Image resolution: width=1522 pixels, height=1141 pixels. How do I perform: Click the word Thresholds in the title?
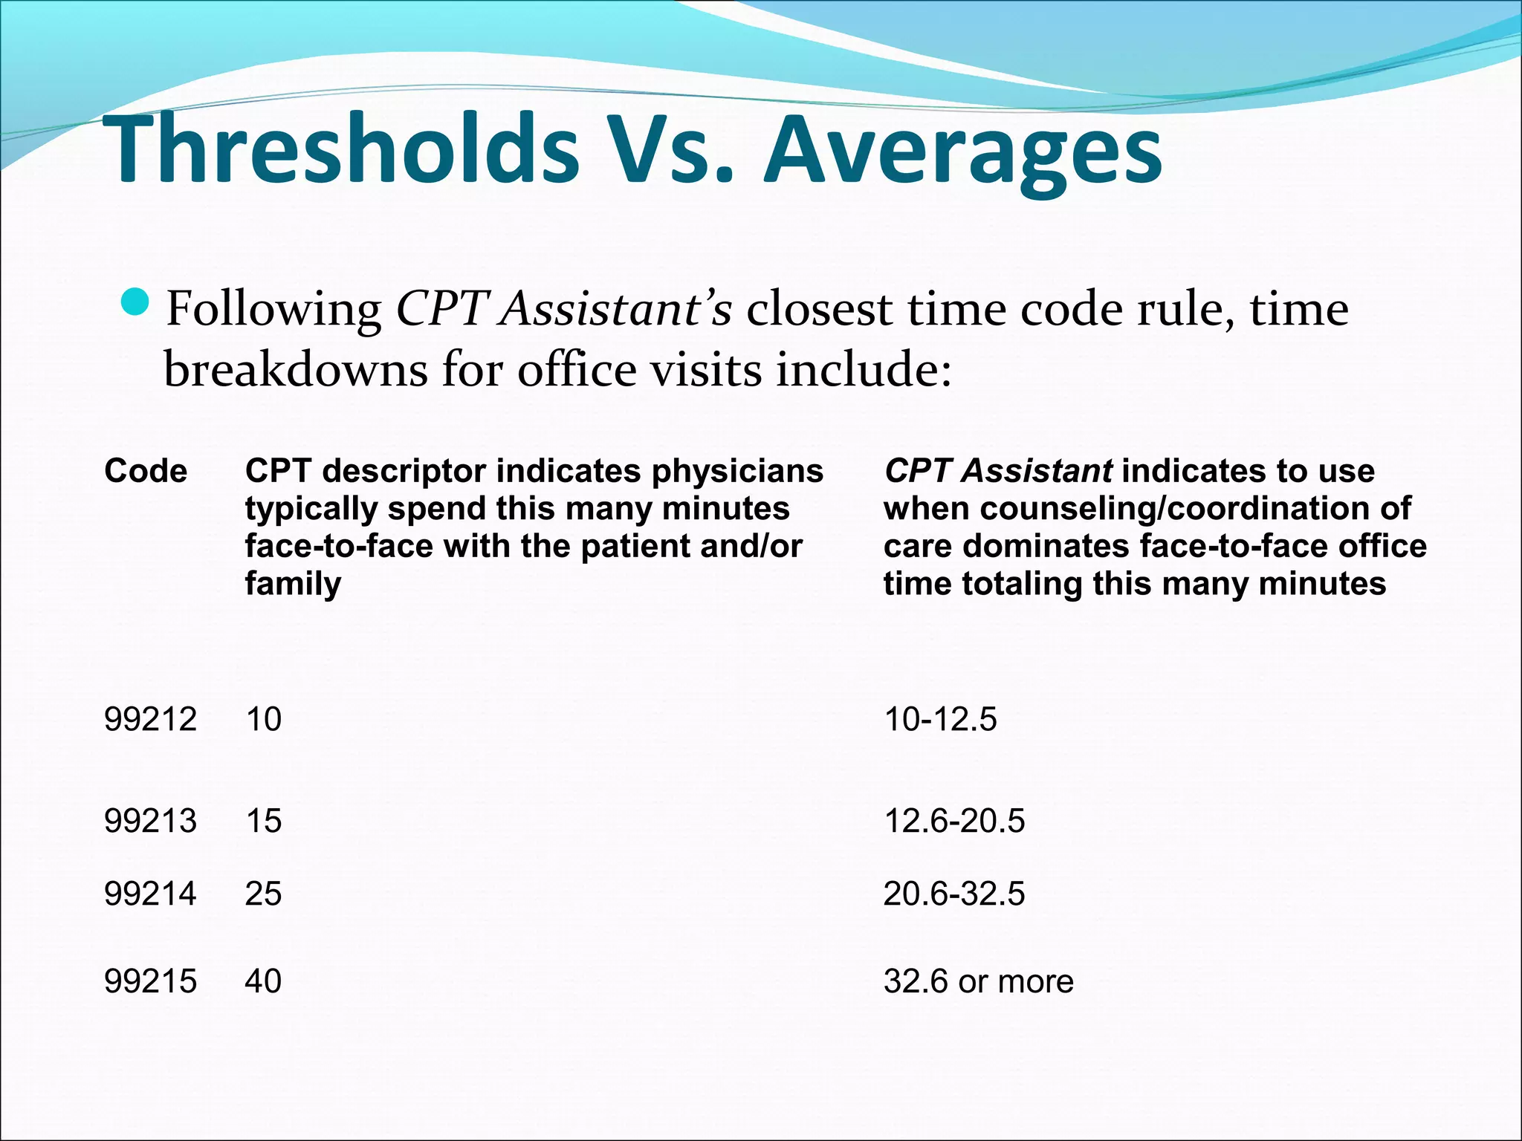pyautogui.click(x=342, y=149)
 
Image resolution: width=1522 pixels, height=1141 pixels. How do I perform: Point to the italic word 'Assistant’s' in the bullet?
pyautogui.click(x=616, y=308)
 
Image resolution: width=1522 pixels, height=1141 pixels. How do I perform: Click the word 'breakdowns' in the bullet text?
pyautogui.click(x=295, y=368)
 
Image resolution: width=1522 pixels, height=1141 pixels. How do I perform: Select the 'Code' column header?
pyautogui.click(x=146, y=471)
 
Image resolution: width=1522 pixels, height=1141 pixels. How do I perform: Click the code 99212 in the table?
pyautogui.click(x=150, y=719)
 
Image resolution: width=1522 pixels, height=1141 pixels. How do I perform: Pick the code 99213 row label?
pyautogui.click(x=150, y=821)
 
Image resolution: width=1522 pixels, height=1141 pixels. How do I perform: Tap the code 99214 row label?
pyautogui.click(x=150, y=893)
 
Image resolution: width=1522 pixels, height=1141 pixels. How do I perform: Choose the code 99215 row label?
pyautogui.click(x=150, y=981)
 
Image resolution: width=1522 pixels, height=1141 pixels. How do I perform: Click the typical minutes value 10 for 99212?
pyautogui.click(x=263, y=719)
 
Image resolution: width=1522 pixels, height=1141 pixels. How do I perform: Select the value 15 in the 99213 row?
pyautogui.click(x=263, y=821)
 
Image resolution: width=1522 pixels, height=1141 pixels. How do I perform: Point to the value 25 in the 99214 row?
pyautogui.click(x=263, y=893)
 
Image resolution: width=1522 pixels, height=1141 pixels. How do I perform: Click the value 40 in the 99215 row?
pyautogui.click(x=263, y=981)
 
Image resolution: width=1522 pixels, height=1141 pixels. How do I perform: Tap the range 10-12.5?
pyautogui.click(x=940, y=719)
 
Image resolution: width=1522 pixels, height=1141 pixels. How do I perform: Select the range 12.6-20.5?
pyautogui.click(x=954, y=821)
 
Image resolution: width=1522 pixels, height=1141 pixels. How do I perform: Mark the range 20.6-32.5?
pyautogui.click(x=954, y=893)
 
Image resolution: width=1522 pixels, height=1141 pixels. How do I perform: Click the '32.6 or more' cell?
pyautogui.click(x=978, y=981)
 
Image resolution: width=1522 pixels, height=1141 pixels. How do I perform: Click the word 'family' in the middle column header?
pyautogui.click(x=293, y=584)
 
